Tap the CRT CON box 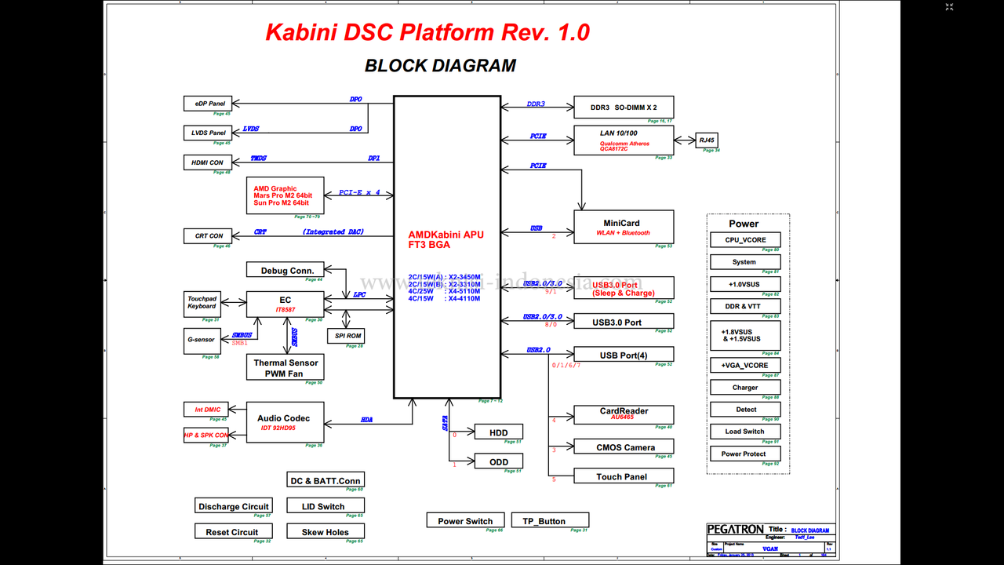click(x=209, y=235)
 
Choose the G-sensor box click(x=202, y=341)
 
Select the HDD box click(x=498, y=432)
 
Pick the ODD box click(x=498, y=461)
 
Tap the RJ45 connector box click(x=707, y=140)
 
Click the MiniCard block click(x=624, y=227)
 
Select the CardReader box click(x=624, y=414)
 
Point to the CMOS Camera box click(x=624, y=447)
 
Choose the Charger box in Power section click(x=745, y=388)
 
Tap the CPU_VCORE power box click(x=745, y=240)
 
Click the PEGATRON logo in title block click(x=735, y=530)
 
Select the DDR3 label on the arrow click(x=536, y=104)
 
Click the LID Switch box click(x=325, y=506)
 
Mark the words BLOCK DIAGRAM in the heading click(x=440, y=66)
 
